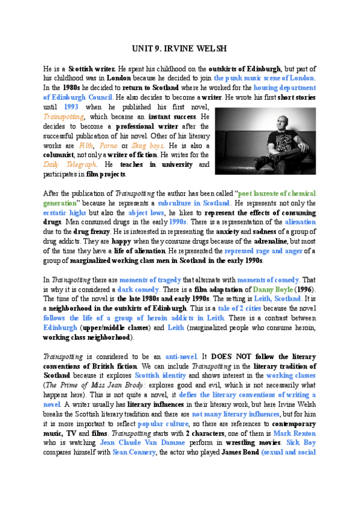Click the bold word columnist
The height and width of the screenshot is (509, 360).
[63, 155]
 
